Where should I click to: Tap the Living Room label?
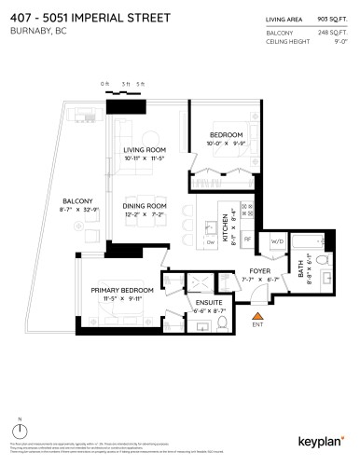145,150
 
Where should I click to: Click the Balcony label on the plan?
77,201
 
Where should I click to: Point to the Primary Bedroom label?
121,291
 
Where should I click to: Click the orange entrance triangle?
258,317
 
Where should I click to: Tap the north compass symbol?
20,434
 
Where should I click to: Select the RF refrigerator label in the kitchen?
247,239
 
